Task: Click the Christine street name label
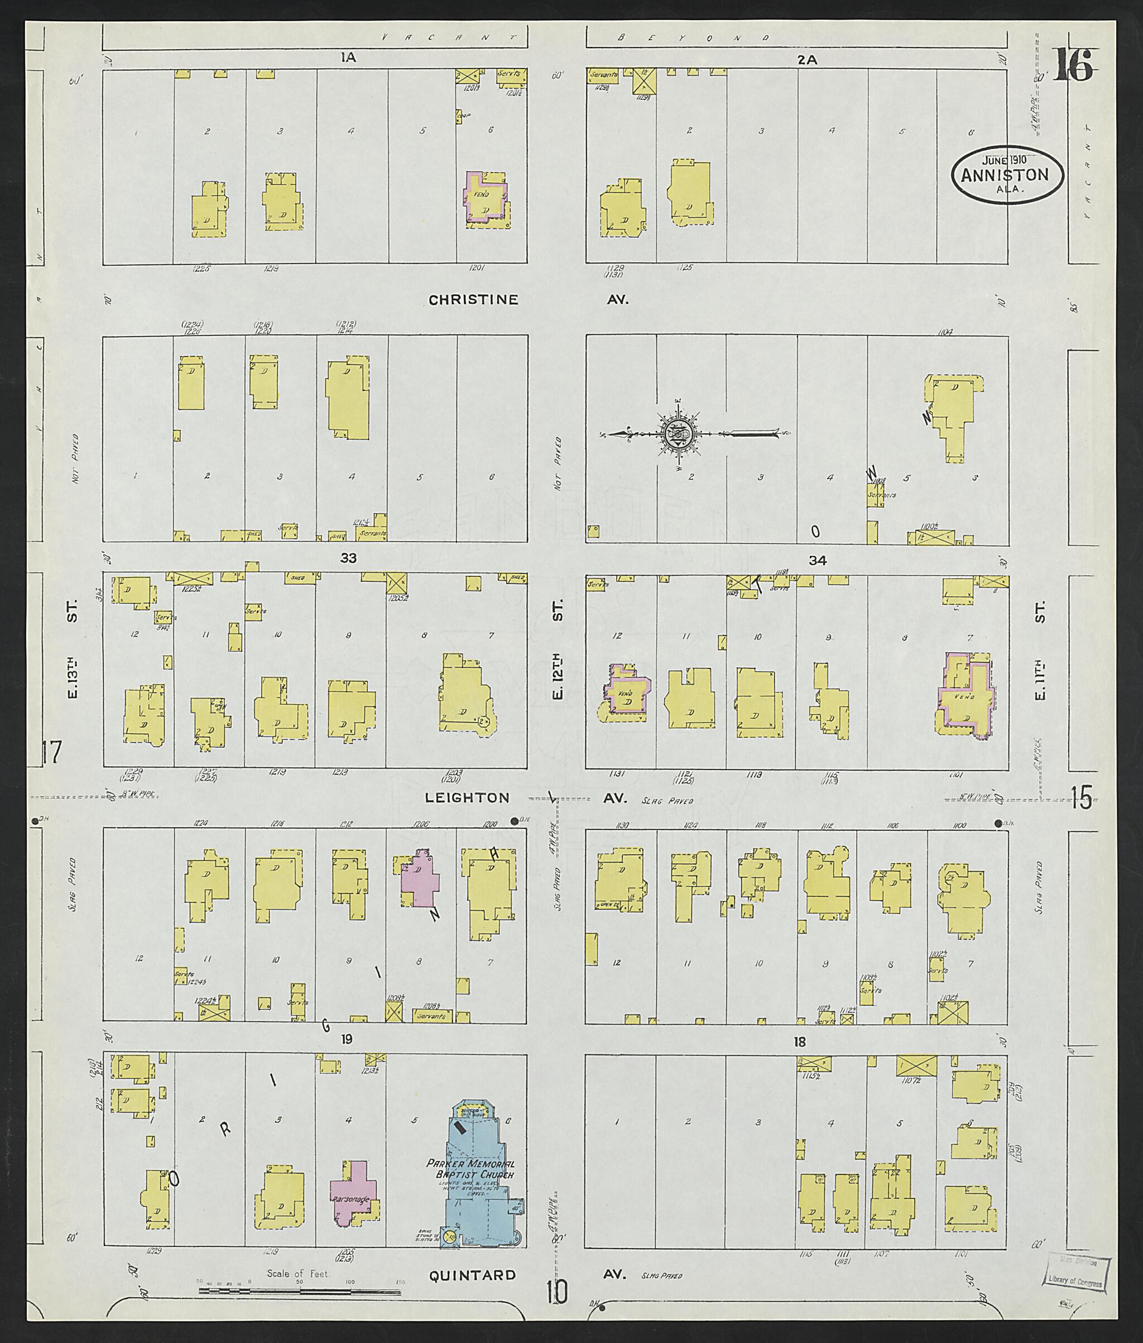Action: (473, 299)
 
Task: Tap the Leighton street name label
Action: (467, 798)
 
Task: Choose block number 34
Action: (817, 561)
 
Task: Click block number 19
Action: (347, 1040)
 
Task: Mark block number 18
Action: (800, 1042)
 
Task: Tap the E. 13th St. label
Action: (73, 648)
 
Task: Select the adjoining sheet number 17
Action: (51, 753)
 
